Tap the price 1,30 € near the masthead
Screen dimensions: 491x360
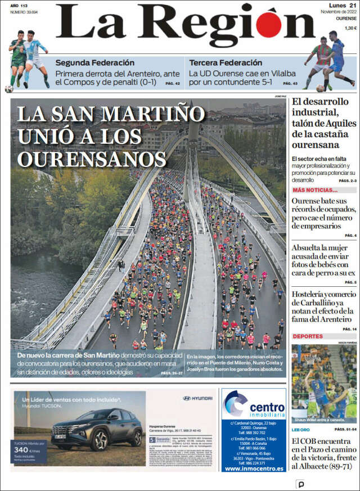click(350, 28)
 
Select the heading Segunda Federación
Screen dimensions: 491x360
click(94, 62)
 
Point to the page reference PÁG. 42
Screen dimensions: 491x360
click(173, 84)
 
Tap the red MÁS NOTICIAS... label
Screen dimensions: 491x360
click(315, 190)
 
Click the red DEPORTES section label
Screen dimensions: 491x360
click(308, 336)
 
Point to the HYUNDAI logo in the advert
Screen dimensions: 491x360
click(197, 398)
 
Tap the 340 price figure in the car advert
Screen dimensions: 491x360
click(21, 449)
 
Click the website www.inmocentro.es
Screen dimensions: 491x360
click(254, 468)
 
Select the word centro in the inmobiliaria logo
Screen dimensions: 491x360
click(267, 406)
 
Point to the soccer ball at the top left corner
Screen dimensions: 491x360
click(9, 89)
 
